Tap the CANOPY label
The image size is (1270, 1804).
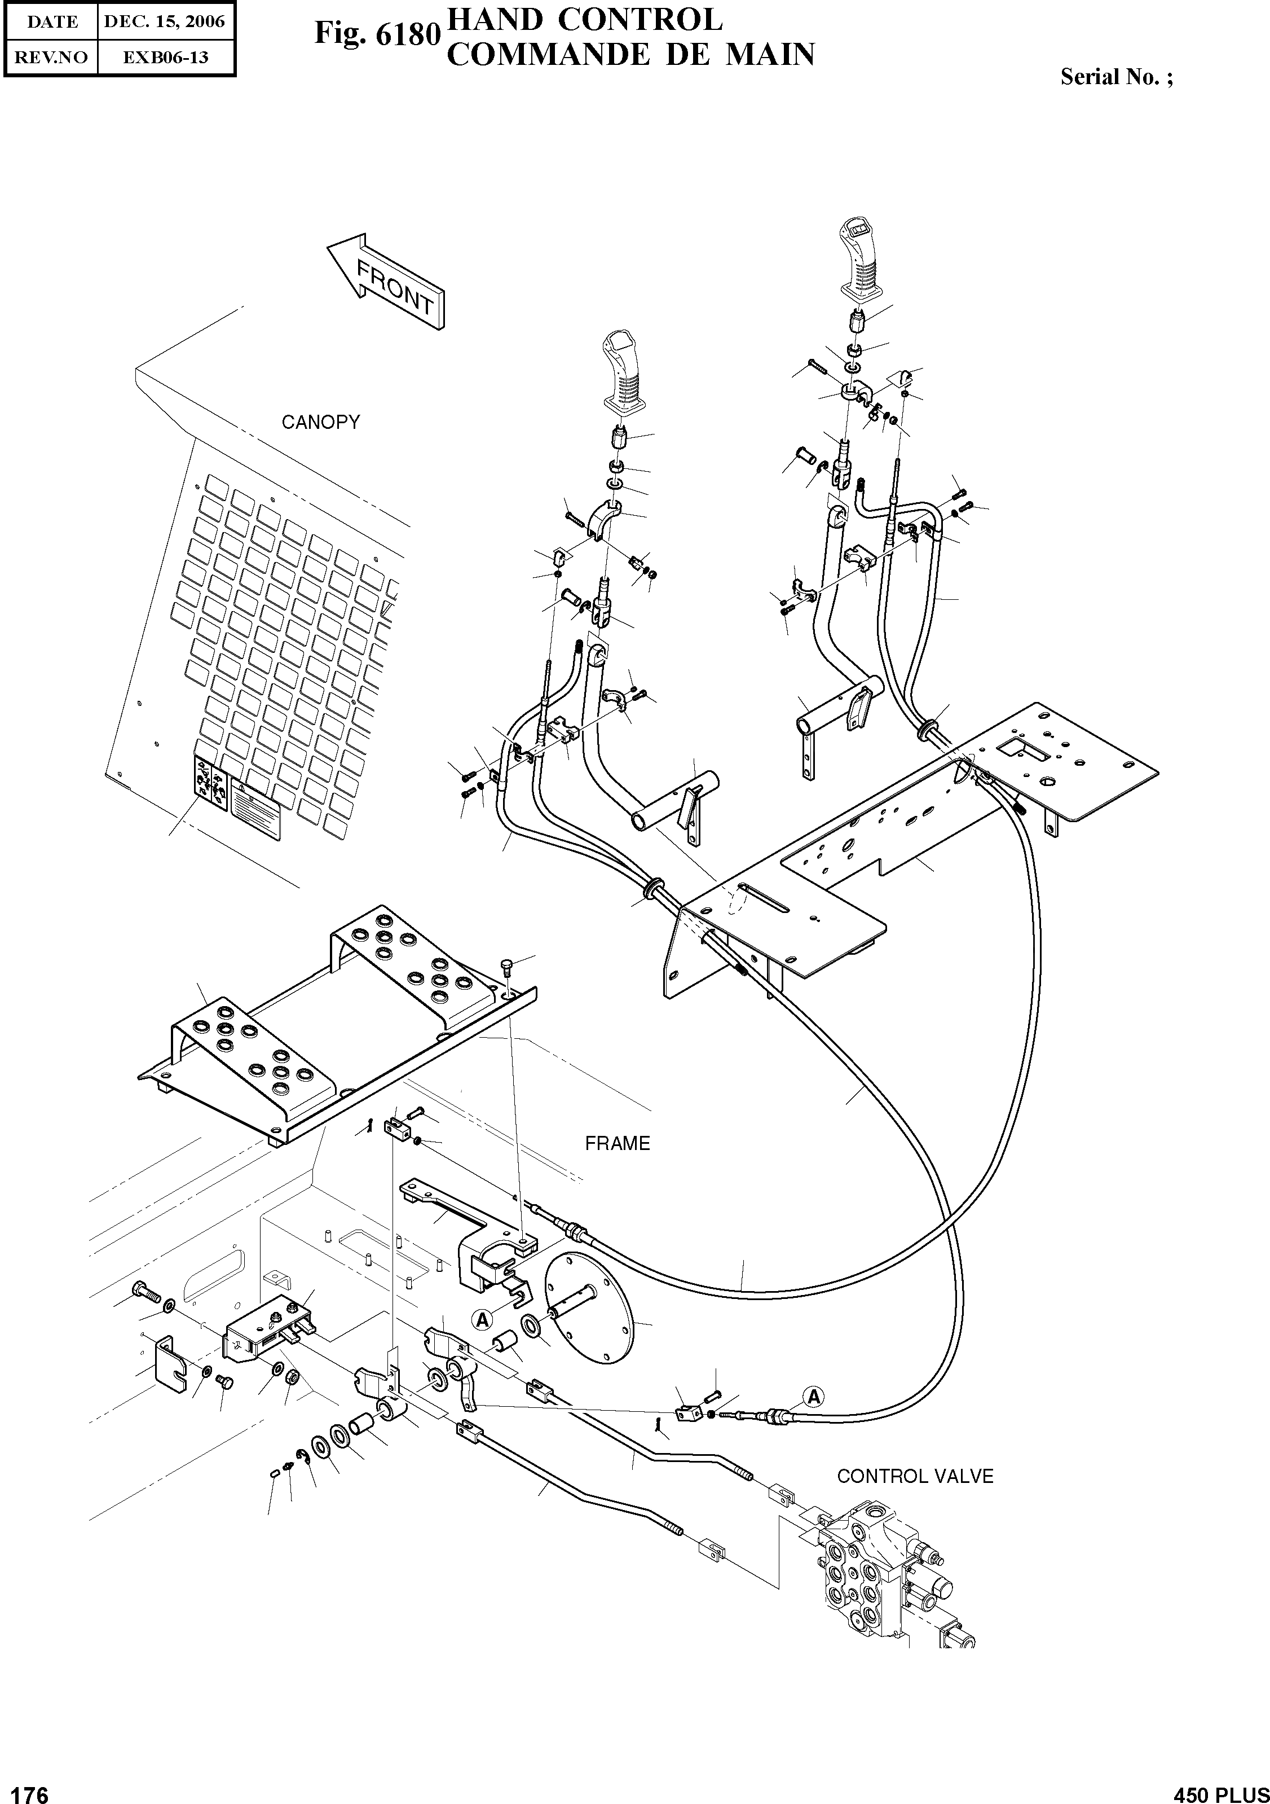pos(320,422)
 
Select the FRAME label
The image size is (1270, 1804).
pos(618,1143)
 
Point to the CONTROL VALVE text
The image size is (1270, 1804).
pos(915,1476)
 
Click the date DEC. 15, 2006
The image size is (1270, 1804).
pos(165,22)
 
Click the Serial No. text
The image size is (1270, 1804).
pos(1116,77)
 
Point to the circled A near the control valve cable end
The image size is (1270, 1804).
pos(814,1396)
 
